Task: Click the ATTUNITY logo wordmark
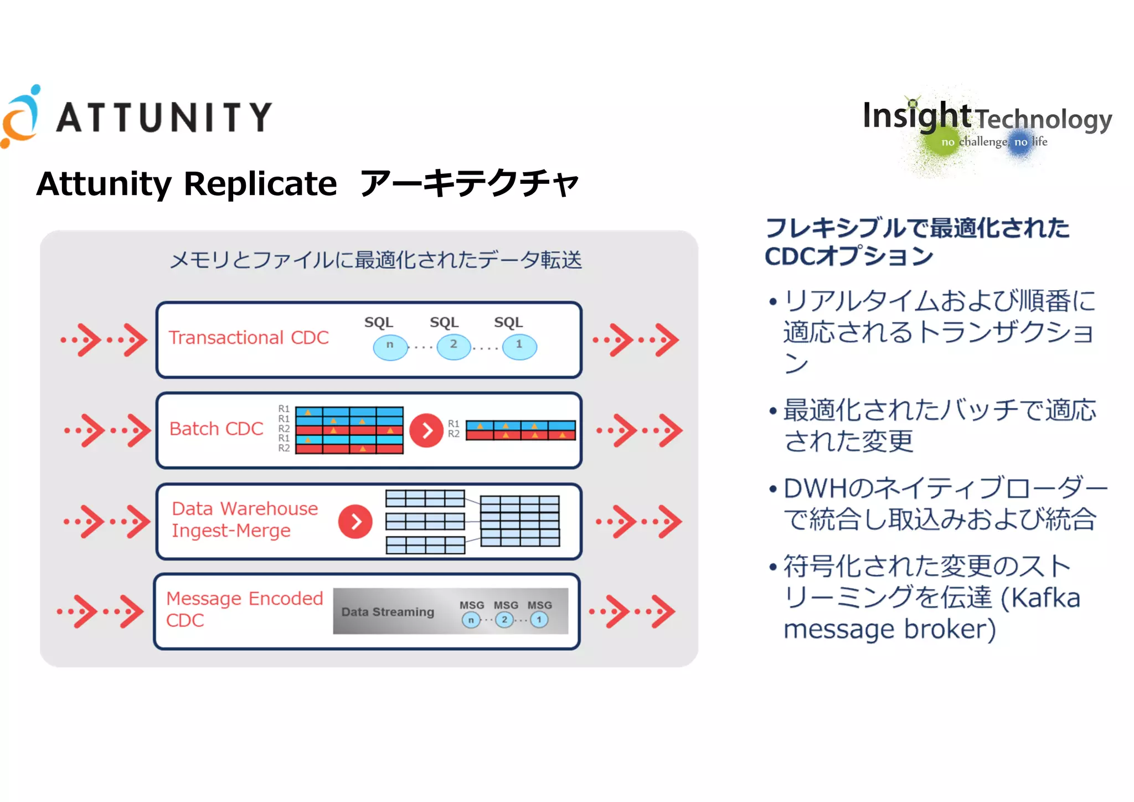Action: click(164, 117)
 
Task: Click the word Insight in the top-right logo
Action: click(917, 116)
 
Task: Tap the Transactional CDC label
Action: click(249, 337)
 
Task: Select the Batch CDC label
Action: click(216, 429)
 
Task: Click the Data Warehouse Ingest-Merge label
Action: click(245, 520)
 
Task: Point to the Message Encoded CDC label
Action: click(244, 609)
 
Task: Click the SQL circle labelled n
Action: click(390, 347)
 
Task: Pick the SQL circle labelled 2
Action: click(453, 347)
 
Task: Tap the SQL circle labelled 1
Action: click(519, 347)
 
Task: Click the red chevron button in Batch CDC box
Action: click(426, 430)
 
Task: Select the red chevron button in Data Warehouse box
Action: click(355, 521)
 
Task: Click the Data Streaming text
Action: click(388, 612)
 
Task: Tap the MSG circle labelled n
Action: click(471, 620)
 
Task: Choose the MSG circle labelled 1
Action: click(539, 620)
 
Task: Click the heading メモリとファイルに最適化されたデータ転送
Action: click(375, 260)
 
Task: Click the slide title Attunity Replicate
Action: click(187, 184)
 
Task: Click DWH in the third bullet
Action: click(815, 489)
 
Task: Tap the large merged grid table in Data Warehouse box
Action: click(519, 521)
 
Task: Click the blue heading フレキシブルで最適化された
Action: click(917, 228)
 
